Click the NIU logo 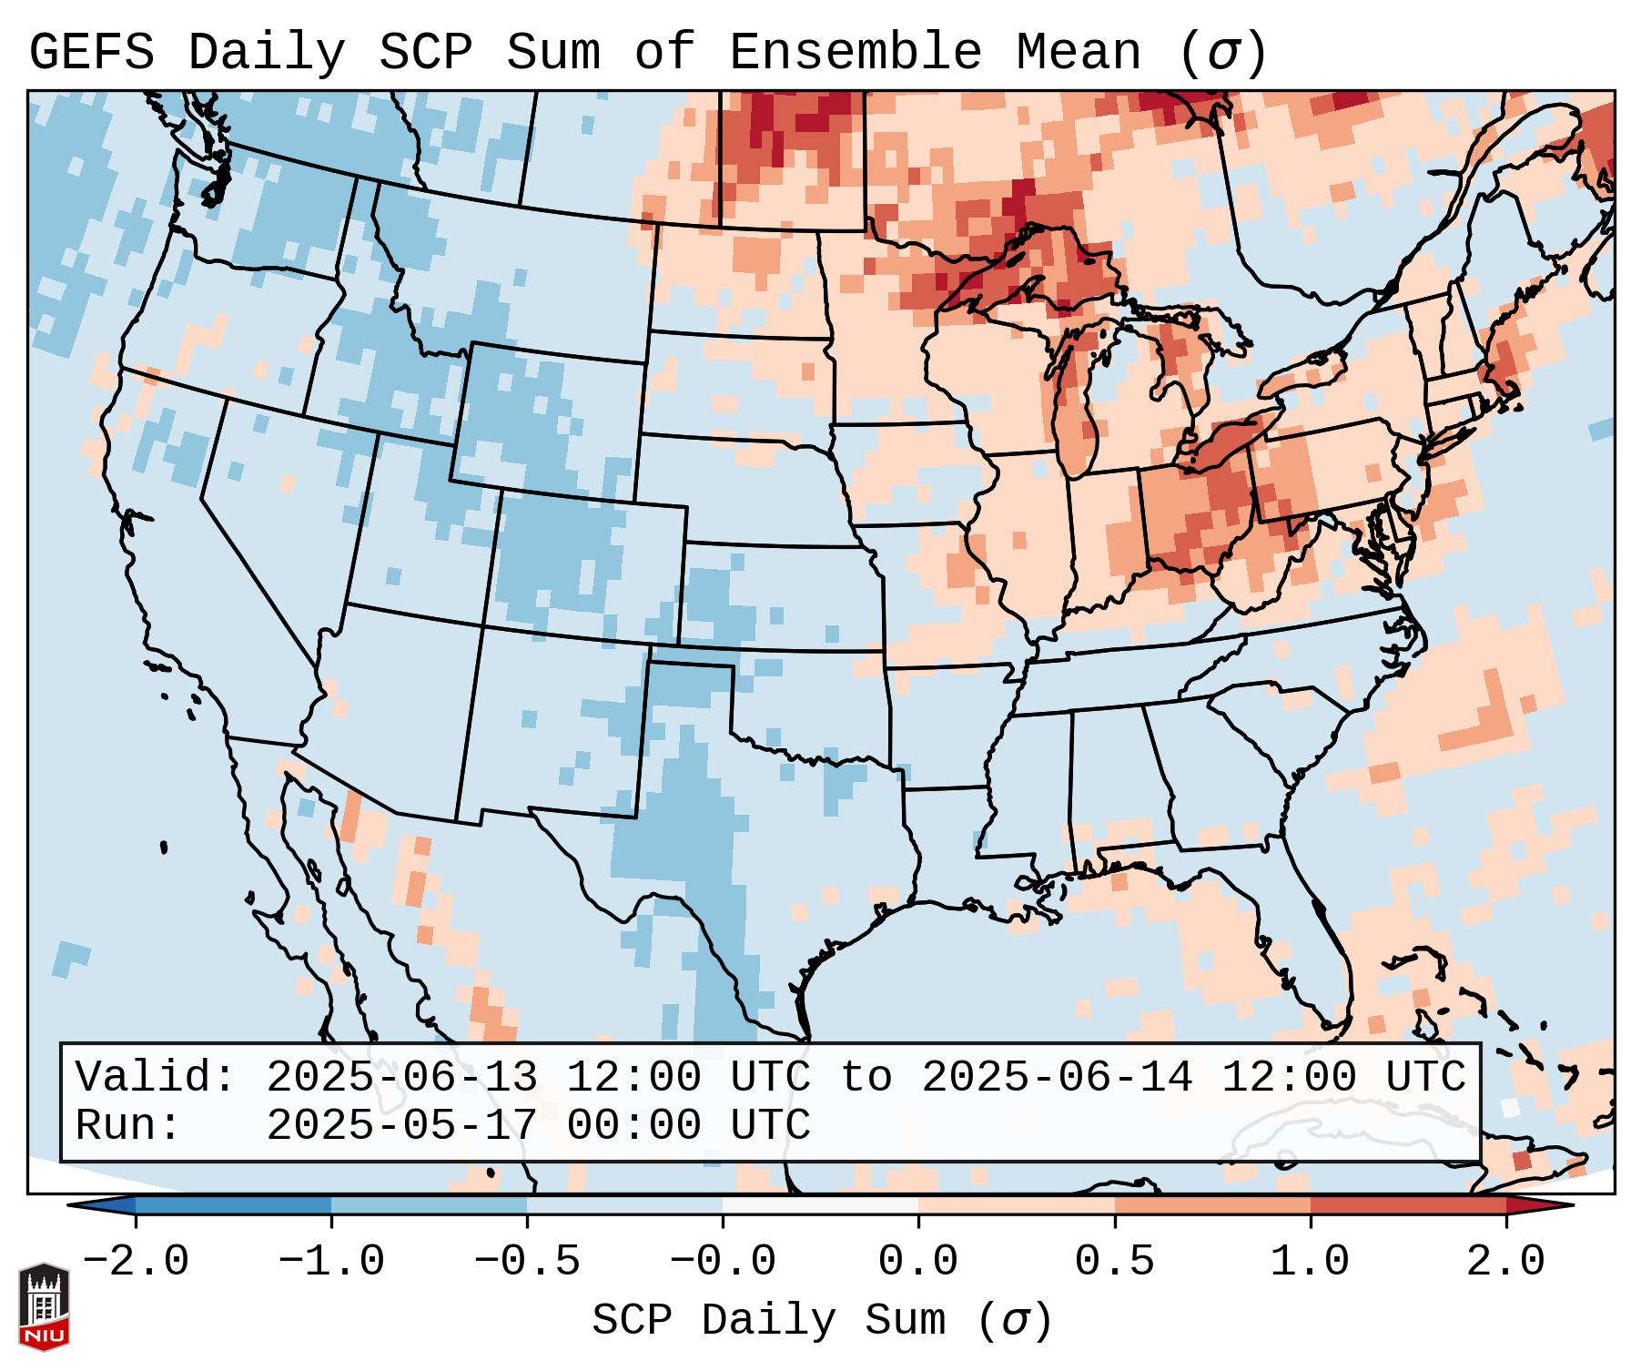tap(44, 1306)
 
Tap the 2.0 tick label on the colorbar tap(1505, 1262)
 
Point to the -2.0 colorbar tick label tap(136, 1262)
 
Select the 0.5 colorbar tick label tap(1114, 1262)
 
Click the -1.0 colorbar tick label tap(331, 1262)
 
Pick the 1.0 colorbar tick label tap(1310, 1262)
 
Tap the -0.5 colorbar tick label tap(527, 1262)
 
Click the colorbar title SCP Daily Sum tap(822, 1320)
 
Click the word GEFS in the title tap(91, 52)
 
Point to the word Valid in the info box tap(155, 1077)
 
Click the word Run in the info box tap(127, 1125)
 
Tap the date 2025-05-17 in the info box tap(401, 1125)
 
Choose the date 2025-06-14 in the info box tap(1057, 1077)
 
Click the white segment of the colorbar tap(820, 1205)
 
